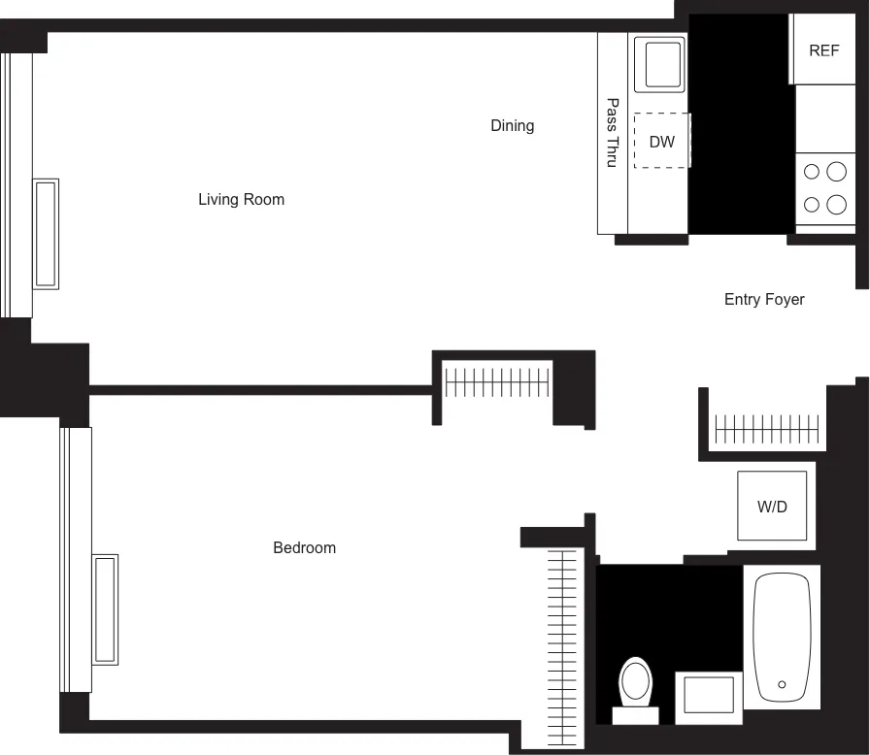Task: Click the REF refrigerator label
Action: point(823,50)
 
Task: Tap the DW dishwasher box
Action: point(662,142)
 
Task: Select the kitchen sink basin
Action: point(659,65)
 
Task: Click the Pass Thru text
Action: point(612,132)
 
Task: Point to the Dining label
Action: point(512,125)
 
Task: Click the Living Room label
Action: point(241,200)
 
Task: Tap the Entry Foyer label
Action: point(764,300)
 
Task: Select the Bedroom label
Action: point(304,548)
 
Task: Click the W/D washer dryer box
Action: point(772,506)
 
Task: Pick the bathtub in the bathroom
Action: point(782,637)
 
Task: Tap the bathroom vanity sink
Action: point(709,696)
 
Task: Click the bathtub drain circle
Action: point(782,683)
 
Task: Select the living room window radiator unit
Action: point(46,234)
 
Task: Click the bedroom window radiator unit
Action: point(105,609)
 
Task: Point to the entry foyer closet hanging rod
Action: point(767,427)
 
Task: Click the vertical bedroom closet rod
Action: point(562,636)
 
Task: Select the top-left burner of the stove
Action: point(812,173)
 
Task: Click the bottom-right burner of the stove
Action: point(836,205)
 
